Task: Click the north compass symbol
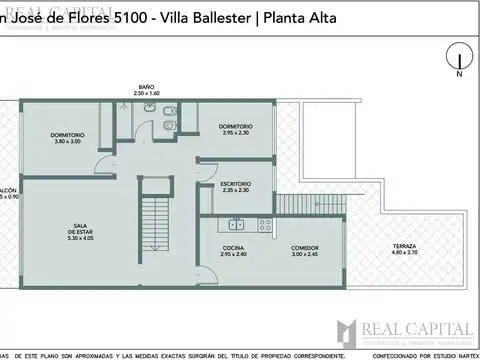458,61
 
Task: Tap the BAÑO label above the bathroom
146,87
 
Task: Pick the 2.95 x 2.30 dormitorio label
235,128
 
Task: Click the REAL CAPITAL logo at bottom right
405,328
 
